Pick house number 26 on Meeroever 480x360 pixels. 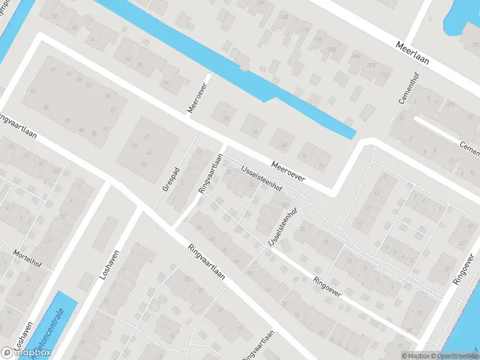coord(226,119)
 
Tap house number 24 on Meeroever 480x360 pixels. coord(255,131)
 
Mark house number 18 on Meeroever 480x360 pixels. coord(305,157)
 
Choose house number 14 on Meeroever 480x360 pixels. coord(322,165)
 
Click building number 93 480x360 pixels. coord(34,91)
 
